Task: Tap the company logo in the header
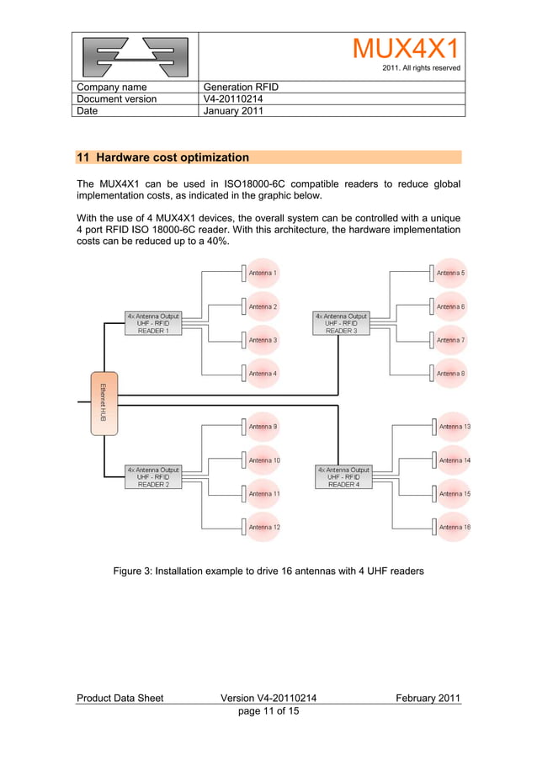pos(135,56)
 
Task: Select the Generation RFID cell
pos(242,88)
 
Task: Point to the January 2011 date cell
pos(235,110)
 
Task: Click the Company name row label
pos(112,88)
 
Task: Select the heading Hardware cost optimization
pos(163,157)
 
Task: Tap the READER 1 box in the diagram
pos(152,324)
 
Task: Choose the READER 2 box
pos(152,477)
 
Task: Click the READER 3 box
pos(341,324)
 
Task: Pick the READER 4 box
pos(343,477)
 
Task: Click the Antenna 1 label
pos(263,274)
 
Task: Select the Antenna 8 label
pos(450,374)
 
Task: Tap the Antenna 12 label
pos(264,528)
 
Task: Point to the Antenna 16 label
pos(455,528)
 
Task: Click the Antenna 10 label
pos(264,460)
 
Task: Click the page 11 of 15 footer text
pos(268,711)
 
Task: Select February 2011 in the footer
pos(428,699)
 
